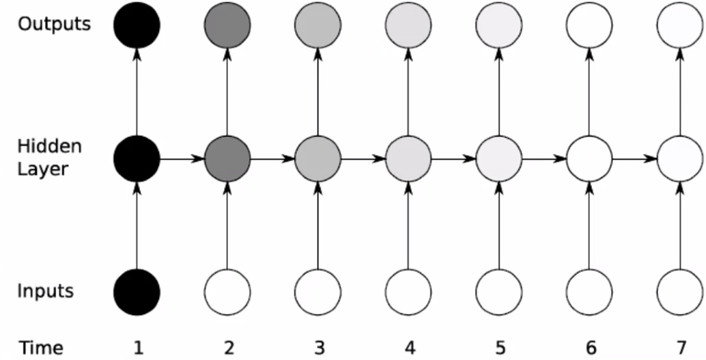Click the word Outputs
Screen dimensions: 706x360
(x=54, y=25)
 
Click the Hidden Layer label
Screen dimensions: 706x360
(x=50, y=158)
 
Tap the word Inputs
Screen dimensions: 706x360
(x=45, y=292)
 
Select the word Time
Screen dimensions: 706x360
(x=40, y=348)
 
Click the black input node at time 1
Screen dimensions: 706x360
(x=137, y=292)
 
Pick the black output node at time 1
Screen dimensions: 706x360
(x=137, y=25)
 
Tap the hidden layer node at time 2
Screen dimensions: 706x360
(x=227, y=158)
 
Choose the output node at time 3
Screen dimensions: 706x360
(x=318, y=25)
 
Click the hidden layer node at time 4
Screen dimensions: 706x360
(x=408, y=158)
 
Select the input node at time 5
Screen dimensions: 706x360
(x=499, y=292)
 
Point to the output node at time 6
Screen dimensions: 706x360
(x=589, y=25)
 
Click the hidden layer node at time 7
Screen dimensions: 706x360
(x=680, y=158)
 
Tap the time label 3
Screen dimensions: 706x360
(x=320, y=348)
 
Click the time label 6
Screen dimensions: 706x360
(x=591, y=348)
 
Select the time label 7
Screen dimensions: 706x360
(x=681, y=348)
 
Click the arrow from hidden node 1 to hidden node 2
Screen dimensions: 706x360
(x=182, y=158)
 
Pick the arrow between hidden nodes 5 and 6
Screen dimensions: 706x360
(x=544, y=158)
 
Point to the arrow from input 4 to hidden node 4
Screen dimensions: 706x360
(x=408, y=225)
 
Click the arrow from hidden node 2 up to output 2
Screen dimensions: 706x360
(x=227, y=92)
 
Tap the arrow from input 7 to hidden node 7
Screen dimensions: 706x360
(x=680, y=225)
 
